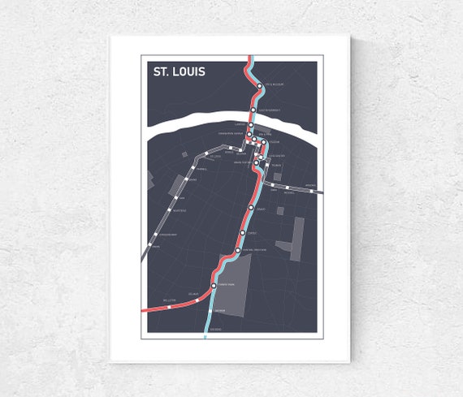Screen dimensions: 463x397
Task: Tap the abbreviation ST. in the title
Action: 162,71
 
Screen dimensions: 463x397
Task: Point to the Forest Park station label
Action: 226,286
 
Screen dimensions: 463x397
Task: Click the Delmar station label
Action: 193,294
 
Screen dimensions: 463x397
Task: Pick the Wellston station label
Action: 169,300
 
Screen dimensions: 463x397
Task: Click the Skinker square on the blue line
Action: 210,310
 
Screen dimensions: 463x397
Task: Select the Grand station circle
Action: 251,209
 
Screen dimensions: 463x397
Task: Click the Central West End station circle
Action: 238,251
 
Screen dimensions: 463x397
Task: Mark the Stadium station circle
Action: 264,141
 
